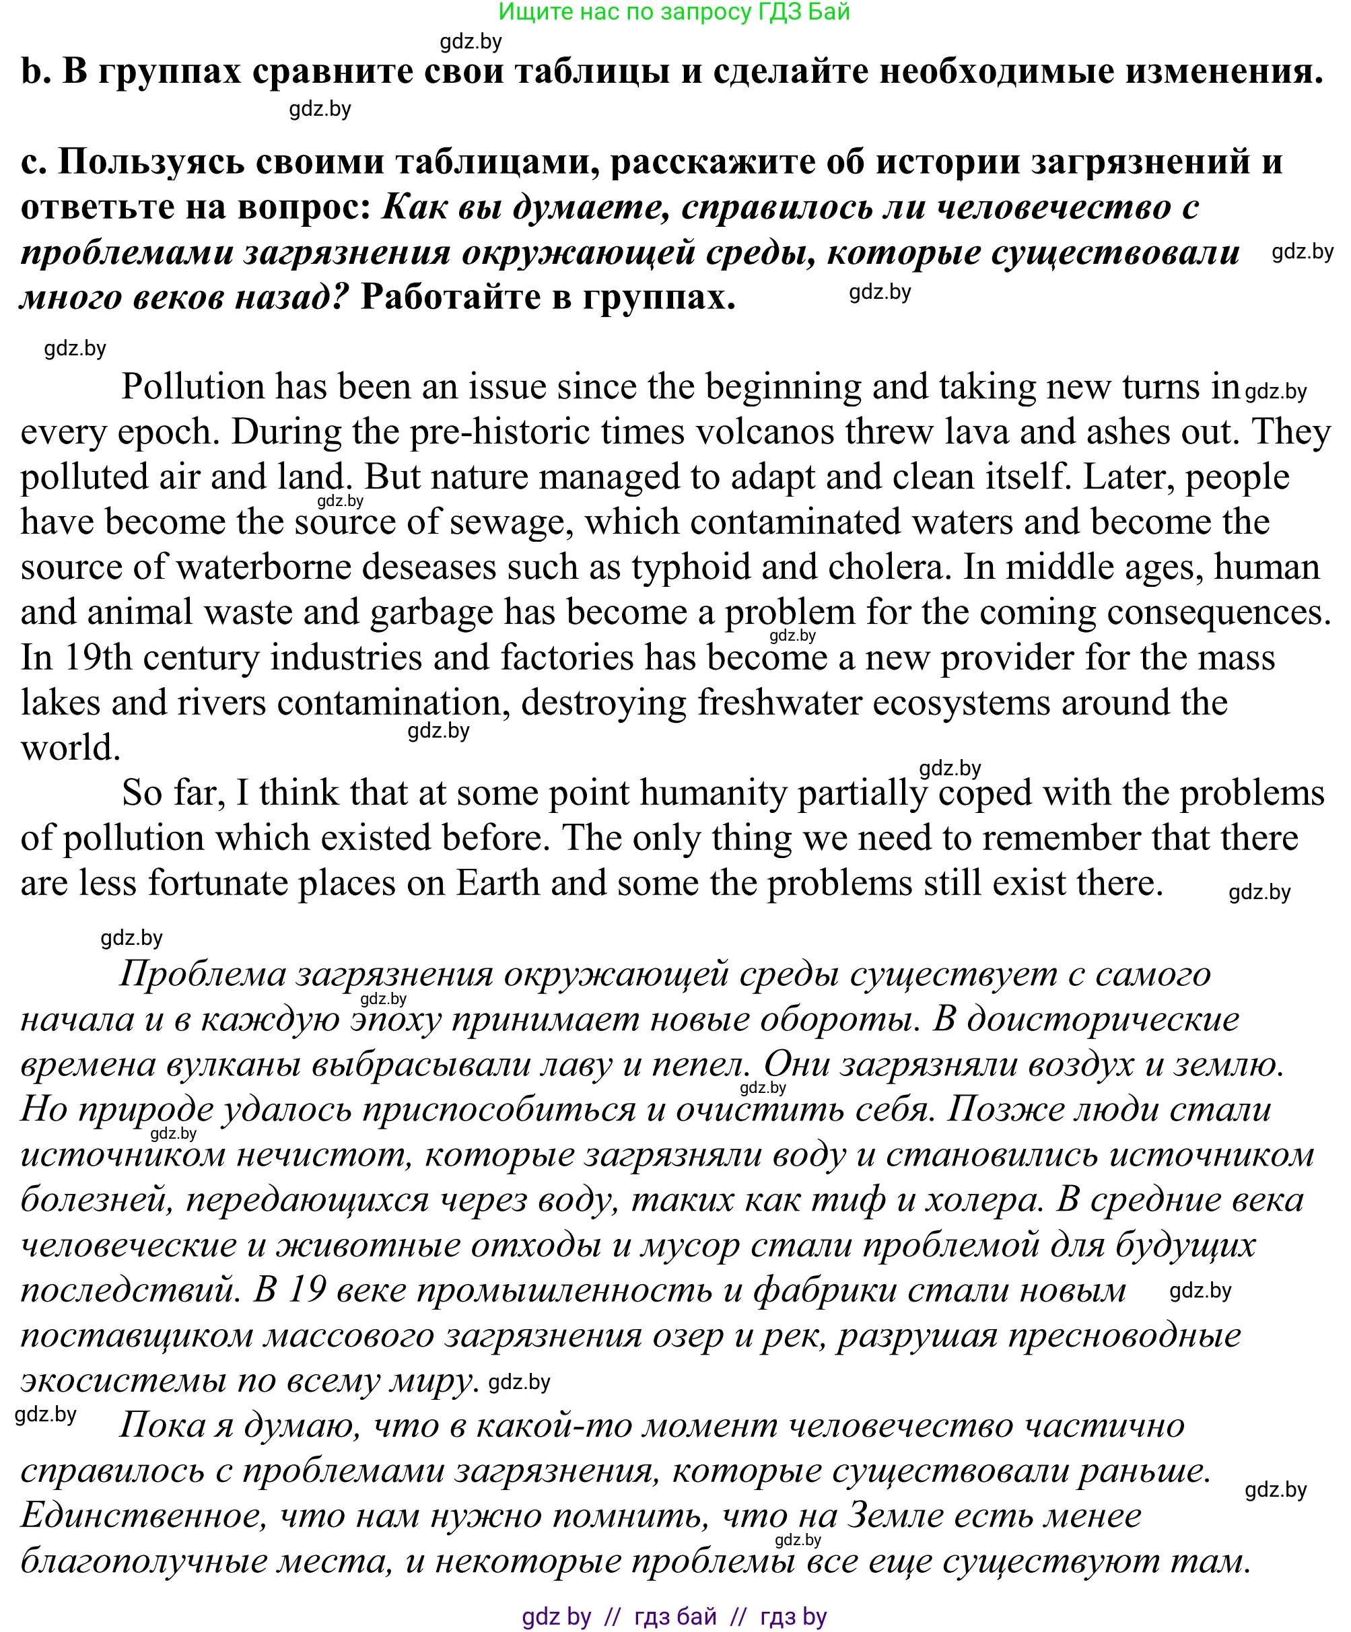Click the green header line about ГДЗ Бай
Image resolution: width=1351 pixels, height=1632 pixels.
tap(674, 11)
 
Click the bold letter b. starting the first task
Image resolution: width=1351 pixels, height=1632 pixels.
tap(34, 71)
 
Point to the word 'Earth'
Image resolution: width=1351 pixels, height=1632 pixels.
tap(497, 883)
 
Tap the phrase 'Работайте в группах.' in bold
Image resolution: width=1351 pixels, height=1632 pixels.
tap(547, 297)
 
